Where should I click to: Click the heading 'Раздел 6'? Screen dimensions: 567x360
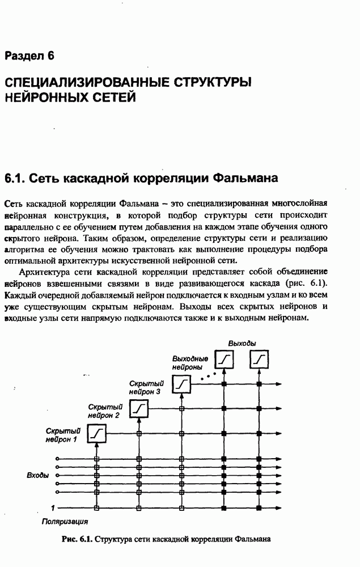coord(29,56)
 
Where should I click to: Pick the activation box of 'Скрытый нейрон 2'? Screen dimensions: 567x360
coord(139,408)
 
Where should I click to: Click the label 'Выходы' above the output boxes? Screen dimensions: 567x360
coord(242,344)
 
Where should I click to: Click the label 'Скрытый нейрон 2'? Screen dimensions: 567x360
coord(105,411)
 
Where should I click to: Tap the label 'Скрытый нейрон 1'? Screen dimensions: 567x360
coord(62,435)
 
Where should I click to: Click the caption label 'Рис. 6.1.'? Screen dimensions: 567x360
coord(77,539)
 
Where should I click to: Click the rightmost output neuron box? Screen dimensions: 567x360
coord(260,359)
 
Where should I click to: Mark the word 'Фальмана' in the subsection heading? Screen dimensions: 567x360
coord(245,179)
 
